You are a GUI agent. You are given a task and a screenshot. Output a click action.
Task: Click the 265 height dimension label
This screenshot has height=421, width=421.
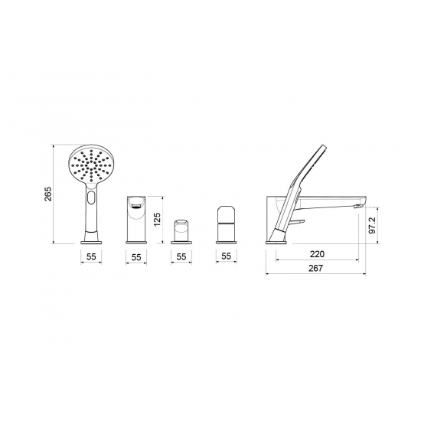[x=48, y=194]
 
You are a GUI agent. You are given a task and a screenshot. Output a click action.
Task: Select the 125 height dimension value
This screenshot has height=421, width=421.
[x=157, y=220]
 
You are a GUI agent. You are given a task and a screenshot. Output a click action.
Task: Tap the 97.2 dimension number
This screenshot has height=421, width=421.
[x=373, y=225]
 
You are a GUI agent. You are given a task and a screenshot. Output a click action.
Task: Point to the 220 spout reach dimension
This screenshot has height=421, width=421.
[x=317, y=254]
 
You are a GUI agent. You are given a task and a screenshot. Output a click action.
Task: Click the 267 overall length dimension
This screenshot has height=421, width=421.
[x=315, y=268]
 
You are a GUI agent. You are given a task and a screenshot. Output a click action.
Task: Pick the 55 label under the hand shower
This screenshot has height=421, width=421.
[x=91, y=256]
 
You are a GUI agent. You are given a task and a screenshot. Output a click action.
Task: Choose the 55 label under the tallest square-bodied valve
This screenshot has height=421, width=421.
[x=136, y=257]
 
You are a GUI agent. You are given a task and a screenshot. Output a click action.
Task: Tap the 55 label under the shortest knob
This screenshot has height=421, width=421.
[x=181, y=256]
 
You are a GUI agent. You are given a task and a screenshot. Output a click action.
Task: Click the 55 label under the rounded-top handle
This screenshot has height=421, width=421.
[x=226, y=256]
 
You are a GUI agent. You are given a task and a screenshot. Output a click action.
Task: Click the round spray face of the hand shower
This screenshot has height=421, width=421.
[x=91, y=165]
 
